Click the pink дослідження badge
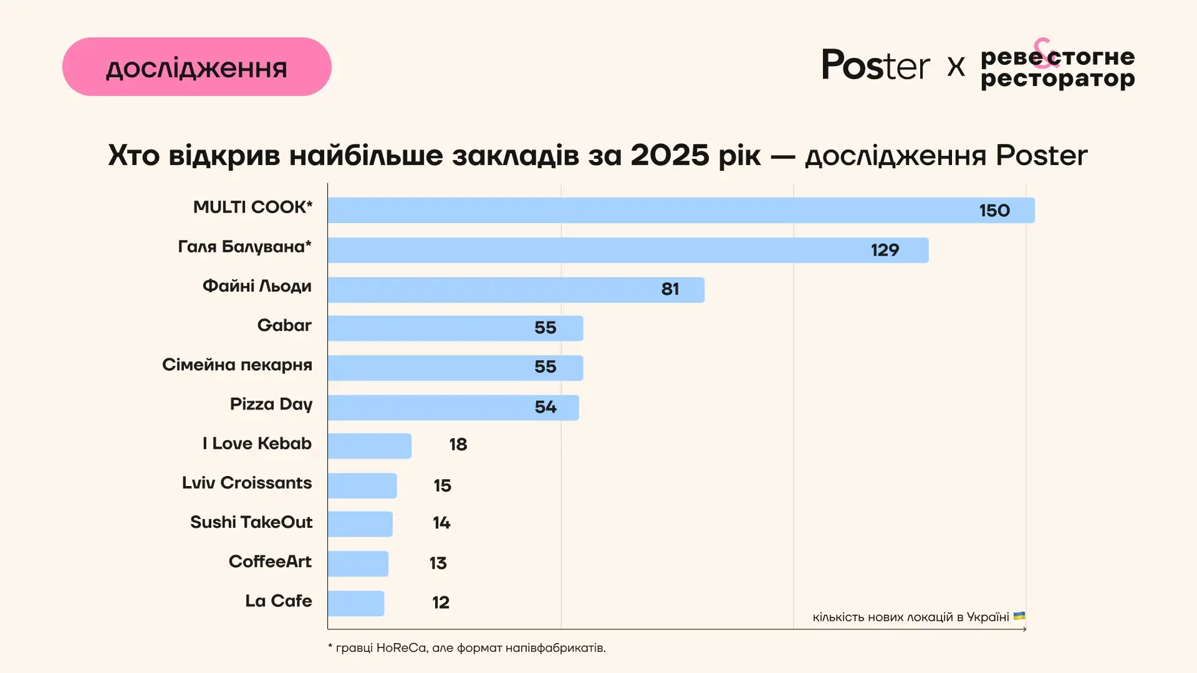pyautogui.click(x=196, y=67)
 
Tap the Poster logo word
pyautogui.click(x=875, y=65)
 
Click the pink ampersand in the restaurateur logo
pyautogui.click(x=1046, y=52)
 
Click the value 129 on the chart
pyautogui.click(x=885, y=251)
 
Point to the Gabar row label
pyautogui.click(x=284, y=325)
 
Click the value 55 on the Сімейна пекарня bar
pyautogui.click(x=545, y=367)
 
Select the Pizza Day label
pyautogui.click(x=271, y=404)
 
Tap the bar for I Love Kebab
pyautogui.click(x=369, y=446)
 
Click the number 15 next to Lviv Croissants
pyautogui.click(x=442, y=485)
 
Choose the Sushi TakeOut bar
pyautogui.click(x=360, y=524)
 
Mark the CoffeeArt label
pyautogui.click(x=270, y=561)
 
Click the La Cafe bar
pyautogui.click(x=355, y=603)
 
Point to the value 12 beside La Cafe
pyautogui.click(x=440, y=603)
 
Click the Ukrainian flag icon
pyautogui.click(x=1019, y=616)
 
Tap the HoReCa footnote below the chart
pyautogui.click(x=466, y=648)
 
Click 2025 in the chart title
pyautogui.click(x=669, y=155)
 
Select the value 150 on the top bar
pyautogui.click(x=994, y=211)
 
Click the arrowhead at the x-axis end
pyautogui.click(x=1024, y=629)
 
